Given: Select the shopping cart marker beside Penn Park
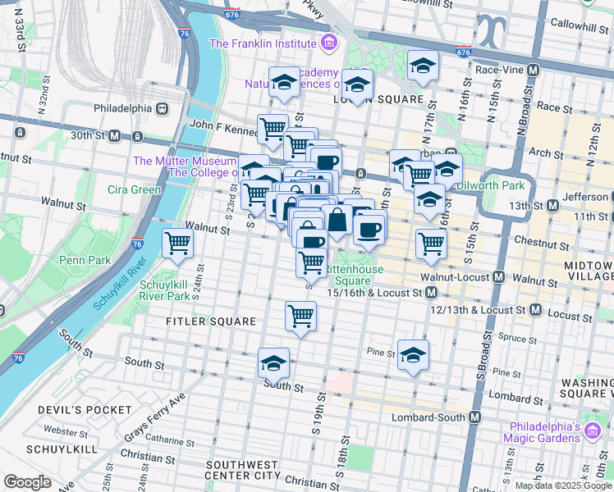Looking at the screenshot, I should pos(177,244).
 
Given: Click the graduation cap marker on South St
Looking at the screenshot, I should pos(273,362).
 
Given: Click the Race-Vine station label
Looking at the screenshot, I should pos(501,71).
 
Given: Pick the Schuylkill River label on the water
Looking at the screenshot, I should pos(123,281).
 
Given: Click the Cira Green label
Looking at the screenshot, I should pos(135,189).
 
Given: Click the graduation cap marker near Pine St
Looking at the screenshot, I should pos(414,353).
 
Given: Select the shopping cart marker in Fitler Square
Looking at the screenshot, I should pos(301,316).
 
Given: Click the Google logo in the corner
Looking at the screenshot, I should pos(28,482).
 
